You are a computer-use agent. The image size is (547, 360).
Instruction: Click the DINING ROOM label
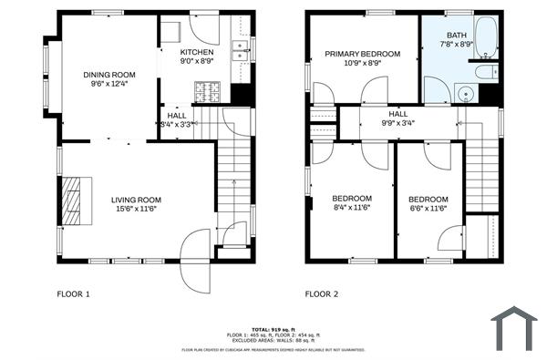coord(109,75)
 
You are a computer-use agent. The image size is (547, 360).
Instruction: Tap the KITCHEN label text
coord(197,53)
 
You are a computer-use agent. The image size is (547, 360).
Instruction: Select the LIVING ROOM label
coord(136,200)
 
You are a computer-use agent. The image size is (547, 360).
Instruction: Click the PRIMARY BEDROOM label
coord(363,54)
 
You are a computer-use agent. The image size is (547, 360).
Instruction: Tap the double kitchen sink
coord(241,51)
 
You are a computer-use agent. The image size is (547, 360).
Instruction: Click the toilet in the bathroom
coord(485,70)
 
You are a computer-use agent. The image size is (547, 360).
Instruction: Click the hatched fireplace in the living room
coord(72,198)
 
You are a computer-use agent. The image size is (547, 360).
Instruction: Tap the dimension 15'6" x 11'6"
coord(136,209)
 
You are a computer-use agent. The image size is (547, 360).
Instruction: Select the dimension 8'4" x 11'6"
coord(351,208)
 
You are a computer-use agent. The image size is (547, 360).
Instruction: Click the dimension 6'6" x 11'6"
coord(428,209)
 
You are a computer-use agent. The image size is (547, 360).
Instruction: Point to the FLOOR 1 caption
coord(74,294)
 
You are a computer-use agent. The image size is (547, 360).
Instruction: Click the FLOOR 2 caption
coord(322,294)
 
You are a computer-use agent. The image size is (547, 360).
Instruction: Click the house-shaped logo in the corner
coord(515,328)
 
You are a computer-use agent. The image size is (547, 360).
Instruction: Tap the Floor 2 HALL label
coord(398,113)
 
